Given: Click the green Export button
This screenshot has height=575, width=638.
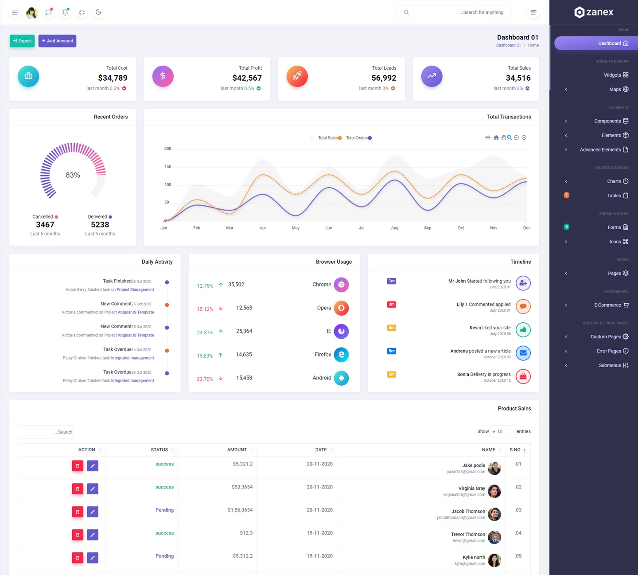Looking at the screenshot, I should click(x=22, y=41).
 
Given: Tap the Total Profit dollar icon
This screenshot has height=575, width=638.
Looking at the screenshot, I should click(x=163, y=76).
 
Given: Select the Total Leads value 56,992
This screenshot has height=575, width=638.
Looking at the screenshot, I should click(x=384, y=78).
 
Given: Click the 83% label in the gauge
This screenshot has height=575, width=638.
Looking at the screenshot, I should click(x=73, y=175).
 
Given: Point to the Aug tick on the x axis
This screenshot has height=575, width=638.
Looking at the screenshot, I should click(x=394, y=228).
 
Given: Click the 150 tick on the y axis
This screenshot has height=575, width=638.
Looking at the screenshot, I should click(x=167, y=167).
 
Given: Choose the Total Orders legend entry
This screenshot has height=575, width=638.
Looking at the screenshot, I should click(x=358, y=138).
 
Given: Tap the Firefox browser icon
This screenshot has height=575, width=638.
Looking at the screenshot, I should click(x=341, y=355).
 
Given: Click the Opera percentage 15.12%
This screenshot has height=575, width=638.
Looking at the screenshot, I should click(x=205, y=309).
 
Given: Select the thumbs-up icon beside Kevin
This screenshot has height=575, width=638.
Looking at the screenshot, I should click(x=523, y=330).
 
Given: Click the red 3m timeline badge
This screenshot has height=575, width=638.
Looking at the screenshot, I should click(x=391, y=305).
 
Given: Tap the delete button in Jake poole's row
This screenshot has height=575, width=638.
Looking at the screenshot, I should click(x=78, y=466).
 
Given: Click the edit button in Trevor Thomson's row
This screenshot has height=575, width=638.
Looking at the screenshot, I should click(x=93, y=535).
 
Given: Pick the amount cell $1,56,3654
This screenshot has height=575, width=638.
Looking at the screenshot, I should click(x=240, y=510).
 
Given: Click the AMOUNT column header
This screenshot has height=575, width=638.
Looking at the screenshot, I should click(x=237, y=450).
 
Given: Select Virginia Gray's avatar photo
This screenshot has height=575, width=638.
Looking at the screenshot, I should click(x=494, y=491).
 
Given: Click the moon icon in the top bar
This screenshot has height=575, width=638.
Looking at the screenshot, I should click(x=98, y=12).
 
